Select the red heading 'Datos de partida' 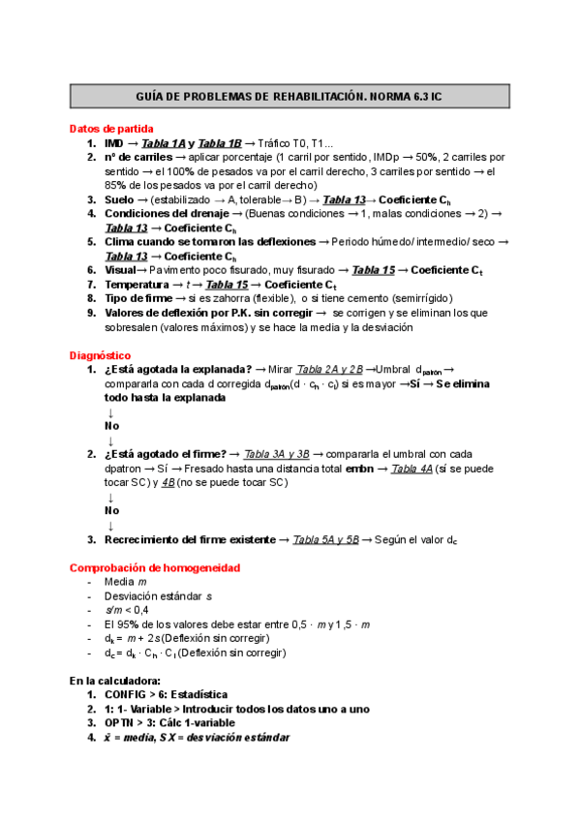click(110, 128)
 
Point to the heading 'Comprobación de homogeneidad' click(155, 567)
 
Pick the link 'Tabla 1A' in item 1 click(166, 143)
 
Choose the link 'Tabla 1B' click(219, 143)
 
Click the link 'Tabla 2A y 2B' click(329, 370)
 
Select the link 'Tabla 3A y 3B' click(277, 454)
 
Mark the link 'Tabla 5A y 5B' click(325, 539)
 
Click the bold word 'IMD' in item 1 click(113, 143)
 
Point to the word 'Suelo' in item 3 click(121, 199)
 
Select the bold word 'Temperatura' click(138, 285)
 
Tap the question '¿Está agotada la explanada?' click(178, 370)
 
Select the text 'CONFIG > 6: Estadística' click(166, 695)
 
